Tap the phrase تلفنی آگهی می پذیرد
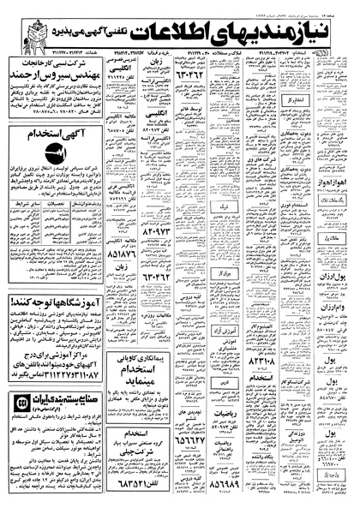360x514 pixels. (95, 33)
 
